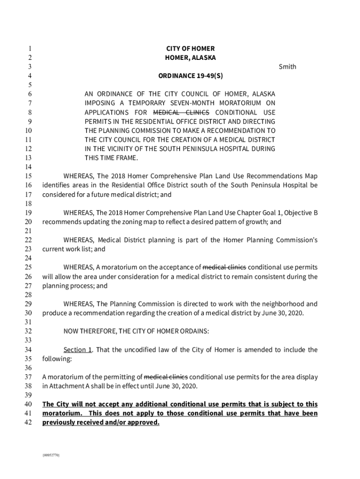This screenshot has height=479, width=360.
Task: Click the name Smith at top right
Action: pos(287,67)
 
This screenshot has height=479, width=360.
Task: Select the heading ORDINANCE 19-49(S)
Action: pos(190,76)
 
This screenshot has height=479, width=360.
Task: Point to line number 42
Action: pos(27,423)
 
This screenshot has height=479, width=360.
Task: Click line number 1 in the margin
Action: pos(29,49)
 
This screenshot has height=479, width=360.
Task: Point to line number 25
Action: pos(27,268)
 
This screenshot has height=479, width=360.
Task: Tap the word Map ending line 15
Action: pos(311,176)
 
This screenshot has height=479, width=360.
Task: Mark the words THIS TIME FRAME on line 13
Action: pos(111,158)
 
